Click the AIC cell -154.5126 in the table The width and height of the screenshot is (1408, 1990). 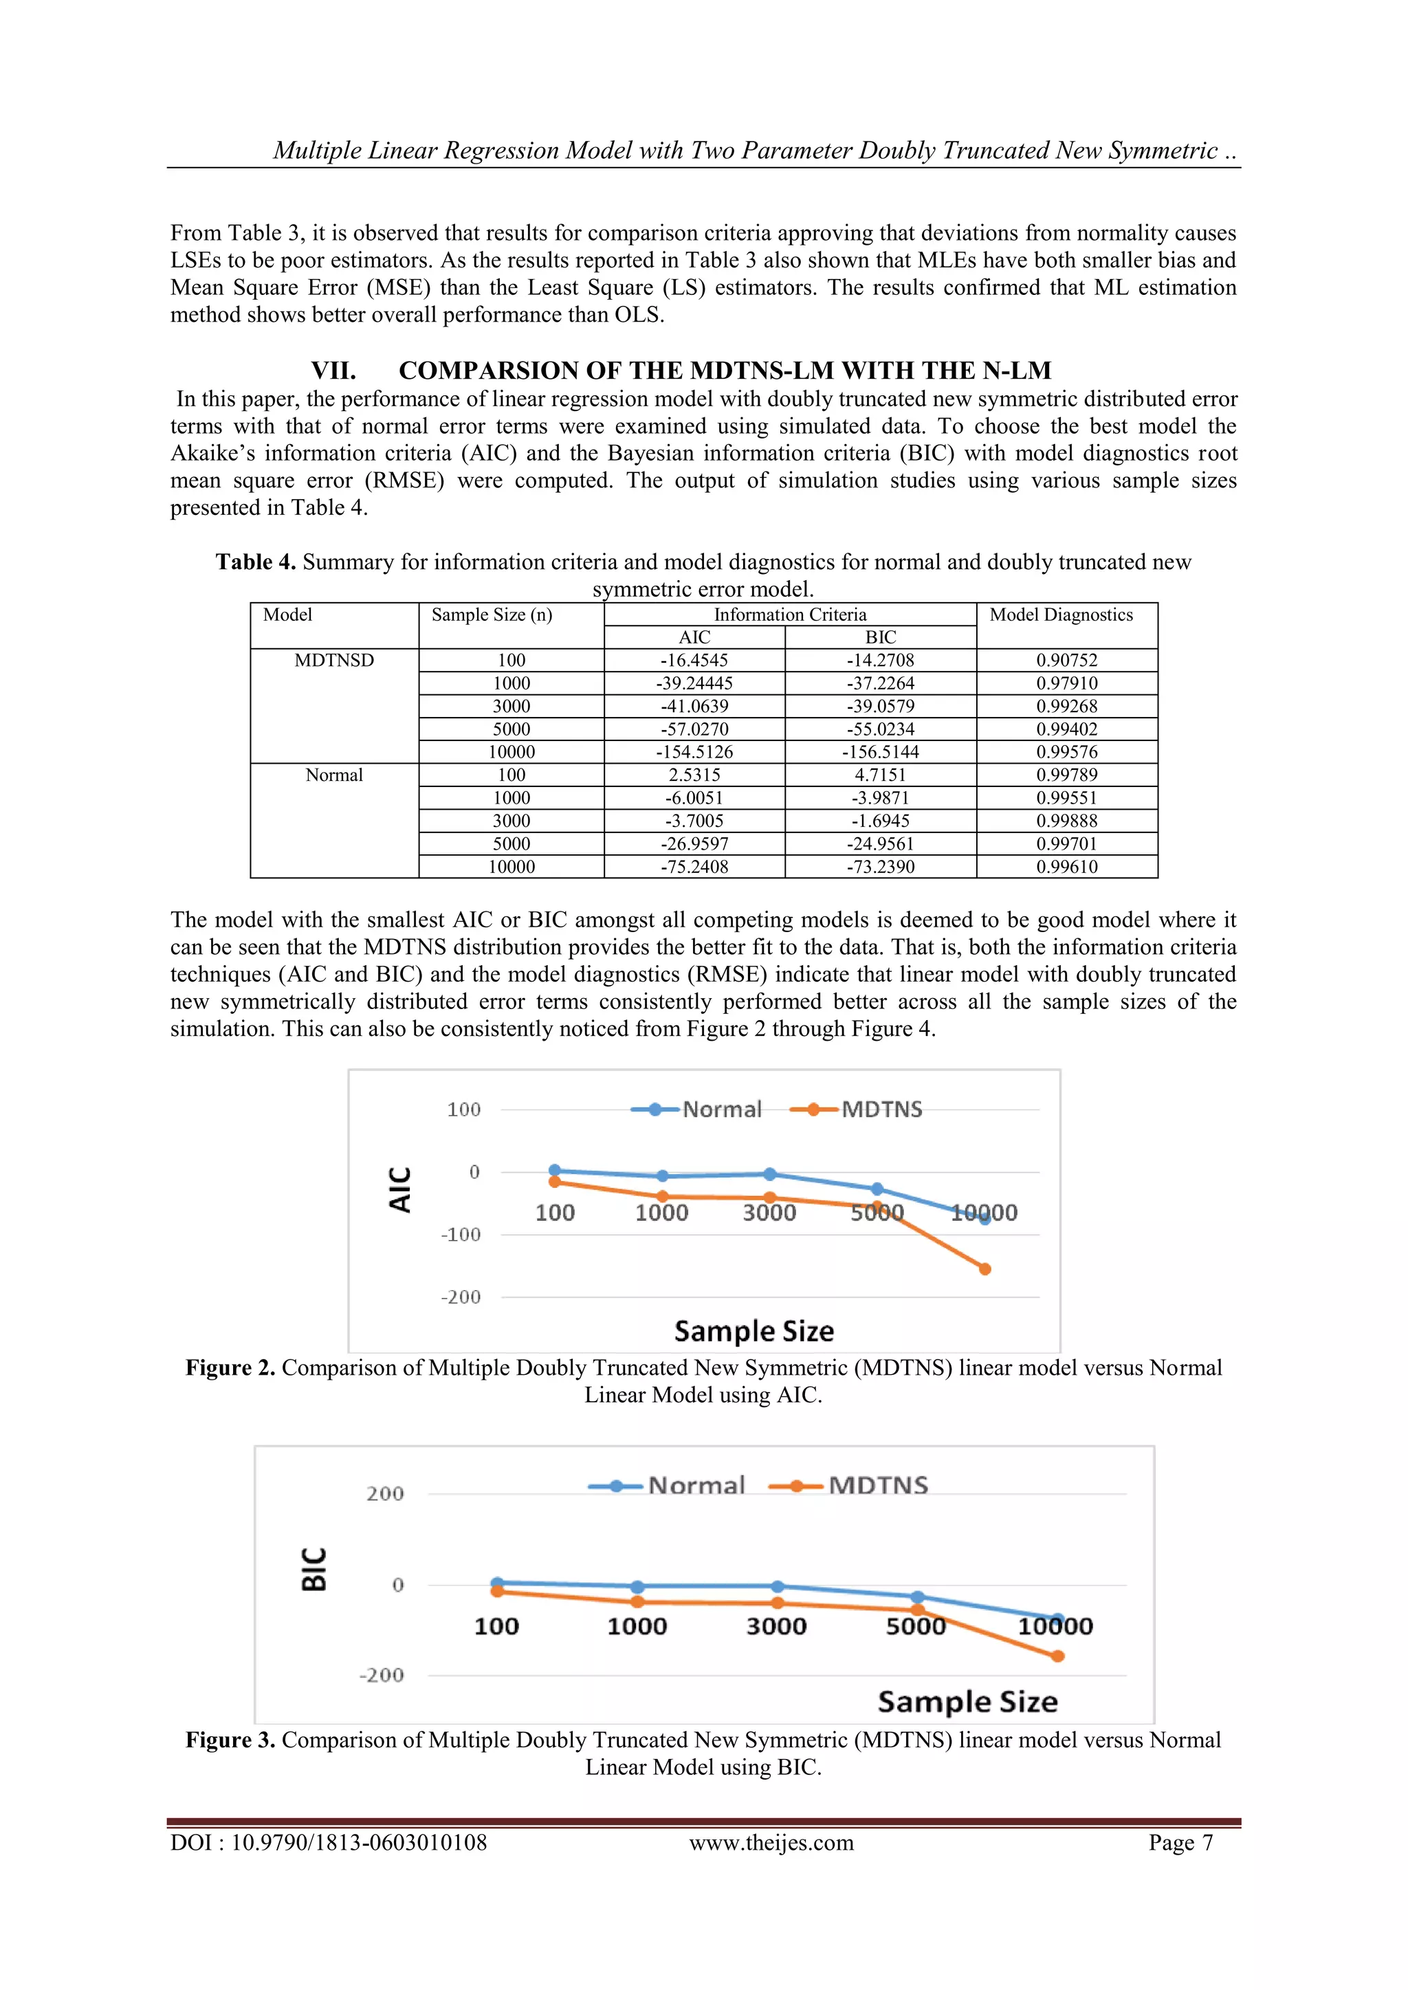click(694, 751)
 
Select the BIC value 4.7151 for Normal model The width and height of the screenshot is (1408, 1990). click(880, 775)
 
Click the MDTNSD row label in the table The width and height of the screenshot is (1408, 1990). click(334, 661)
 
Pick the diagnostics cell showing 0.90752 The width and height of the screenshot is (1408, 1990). click(1066, 661)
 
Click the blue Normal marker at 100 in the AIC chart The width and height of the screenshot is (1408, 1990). click(555, 1170)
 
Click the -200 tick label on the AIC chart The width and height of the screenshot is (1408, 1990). click(461, 1298)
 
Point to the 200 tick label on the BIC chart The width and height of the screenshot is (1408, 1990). click(385, 1494)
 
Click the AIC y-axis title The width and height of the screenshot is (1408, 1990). click(399, 1189)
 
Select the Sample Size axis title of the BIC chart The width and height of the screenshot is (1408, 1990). click(967, 1701)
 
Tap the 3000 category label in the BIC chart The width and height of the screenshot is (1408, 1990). click(776, 1626)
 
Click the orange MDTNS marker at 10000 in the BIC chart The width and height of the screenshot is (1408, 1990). click(1057, 1657)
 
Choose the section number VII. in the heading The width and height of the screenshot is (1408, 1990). click(334, 371)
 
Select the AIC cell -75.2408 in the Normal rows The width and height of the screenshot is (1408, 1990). click(694, 867)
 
